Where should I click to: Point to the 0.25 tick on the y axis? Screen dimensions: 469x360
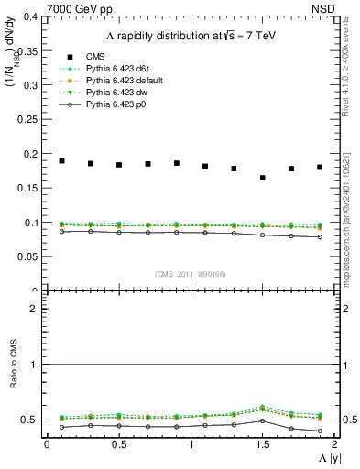[x=29, y=120]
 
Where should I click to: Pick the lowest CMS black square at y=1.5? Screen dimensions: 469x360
[x=263, y=178]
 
